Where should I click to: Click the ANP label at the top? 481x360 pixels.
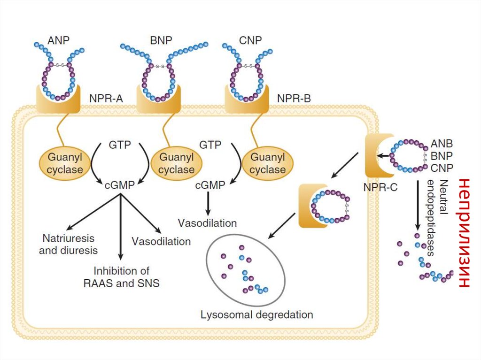point(59,40)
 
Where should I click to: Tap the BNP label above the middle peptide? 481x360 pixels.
point(162,40)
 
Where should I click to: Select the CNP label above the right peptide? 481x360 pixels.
point(250,40)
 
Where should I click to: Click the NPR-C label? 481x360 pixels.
point(380,187)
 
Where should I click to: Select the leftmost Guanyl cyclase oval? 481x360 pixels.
point(65,163)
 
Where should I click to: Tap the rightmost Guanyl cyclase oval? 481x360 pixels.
point(267,163)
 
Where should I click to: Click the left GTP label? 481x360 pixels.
point(120,144)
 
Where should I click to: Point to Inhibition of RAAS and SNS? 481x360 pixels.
point(121,277)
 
